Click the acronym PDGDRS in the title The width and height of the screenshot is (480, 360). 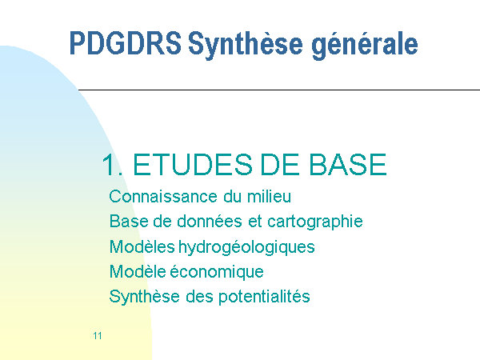(126, 43)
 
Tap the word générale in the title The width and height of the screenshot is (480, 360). (365, 45)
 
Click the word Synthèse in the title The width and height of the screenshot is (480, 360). (246, 45)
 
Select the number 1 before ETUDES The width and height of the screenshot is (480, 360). (109, 165)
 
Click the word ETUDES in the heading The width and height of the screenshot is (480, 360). (193, 165)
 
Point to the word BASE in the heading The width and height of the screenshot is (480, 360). (347, 165)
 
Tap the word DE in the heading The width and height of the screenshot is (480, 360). (279, 165)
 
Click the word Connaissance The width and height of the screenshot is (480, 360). (163, 197)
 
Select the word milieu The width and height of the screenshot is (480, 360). (269, 196)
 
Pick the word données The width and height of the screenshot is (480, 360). (210, 221)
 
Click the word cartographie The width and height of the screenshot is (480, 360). (315, 222)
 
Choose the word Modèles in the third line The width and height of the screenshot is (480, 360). (142, 246)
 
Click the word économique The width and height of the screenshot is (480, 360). (217, 272)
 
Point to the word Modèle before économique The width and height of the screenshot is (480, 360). (138, 271)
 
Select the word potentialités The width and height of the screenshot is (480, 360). (264, 297)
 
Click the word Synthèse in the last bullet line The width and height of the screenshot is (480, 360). (145, 297)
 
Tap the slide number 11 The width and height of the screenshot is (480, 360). (98, 336)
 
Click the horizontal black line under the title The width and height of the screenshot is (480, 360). (279, 90)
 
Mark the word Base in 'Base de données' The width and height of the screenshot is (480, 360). (129, 221)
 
